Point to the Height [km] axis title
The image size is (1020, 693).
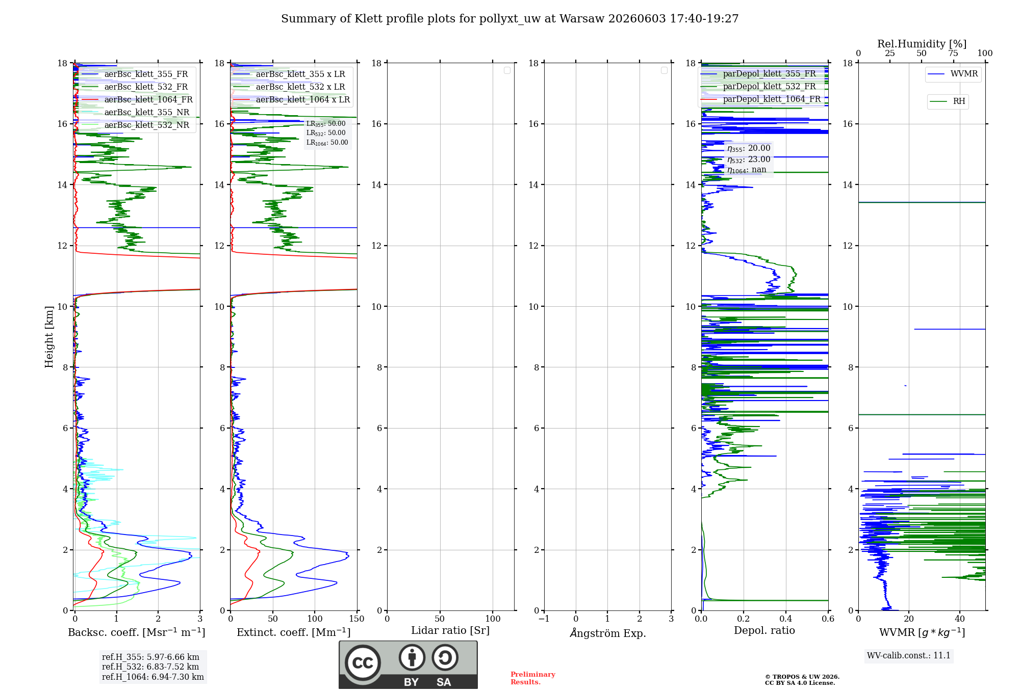pos(49,337)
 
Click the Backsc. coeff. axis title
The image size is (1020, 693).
pos(137,632)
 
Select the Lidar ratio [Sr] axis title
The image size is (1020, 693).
pos(450,631)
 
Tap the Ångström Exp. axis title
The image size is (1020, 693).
pos(608,633)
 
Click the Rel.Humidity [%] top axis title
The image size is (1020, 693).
pos(922,44)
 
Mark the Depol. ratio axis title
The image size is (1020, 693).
pos(764,630)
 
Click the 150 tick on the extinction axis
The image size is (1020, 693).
pos(357,619)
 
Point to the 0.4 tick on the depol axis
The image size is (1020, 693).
pos(786,619)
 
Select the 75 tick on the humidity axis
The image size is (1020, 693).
pos(953,54)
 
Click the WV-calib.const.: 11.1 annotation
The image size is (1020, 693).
pos(909,655)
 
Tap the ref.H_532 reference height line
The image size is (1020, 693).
pos(150,667)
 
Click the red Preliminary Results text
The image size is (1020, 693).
pos(533,678)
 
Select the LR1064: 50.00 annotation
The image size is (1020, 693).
pos(327,143)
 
